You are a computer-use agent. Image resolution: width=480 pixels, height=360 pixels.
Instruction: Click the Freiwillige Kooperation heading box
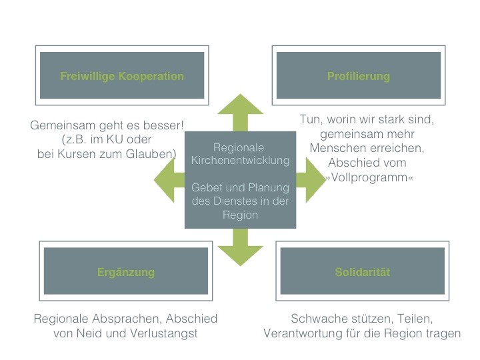pyautogui.click(x=122, y=75)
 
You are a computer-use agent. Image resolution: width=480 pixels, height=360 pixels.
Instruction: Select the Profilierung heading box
pyautogui.click(x=359, y=75)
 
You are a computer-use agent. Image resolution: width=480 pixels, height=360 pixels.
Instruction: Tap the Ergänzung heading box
pyautogui.click(x=126, y=271)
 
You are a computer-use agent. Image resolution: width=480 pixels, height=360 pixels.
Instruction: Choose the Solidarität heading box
pyautogui.click(x=363, y=271)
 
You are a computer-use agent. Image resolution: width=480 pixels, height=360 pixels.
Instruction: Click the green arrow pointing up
pyautogui.click(x=240, y=113)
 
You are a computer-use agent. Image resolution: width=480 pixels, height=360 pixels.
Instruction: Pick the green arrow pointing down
pyautogui.click(x=240, y=247)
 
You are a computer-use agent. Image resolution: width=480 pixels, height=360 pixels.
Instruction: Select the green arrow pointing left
pyautogui.click(x=169, y=180)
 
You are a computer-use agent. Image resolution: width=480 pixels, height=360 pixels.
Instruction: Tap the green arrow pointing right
pyautogui.click(x=311, y=180)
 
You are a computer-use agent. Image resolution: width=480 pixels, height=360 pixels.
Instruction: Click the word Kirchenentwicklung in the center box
pyautogui.click(x=240, y=161)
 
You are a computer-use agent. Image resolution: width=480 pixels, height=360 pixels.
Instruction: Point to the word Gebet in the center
pyautogui.click(x=205, y=187)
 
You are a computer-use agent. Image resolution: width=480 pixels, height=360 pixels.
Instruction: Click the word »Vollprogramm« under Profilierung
pyautogui.click(x=369, y=177)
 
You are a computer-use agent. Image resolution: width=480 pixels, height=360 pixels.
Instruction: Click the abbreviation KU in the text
pyautogui.click(x=115, y=139)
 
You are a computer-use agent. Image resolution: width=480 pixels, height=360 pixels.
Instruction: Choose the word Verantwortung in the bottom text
pyautogui.click(x=303, y=333)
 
